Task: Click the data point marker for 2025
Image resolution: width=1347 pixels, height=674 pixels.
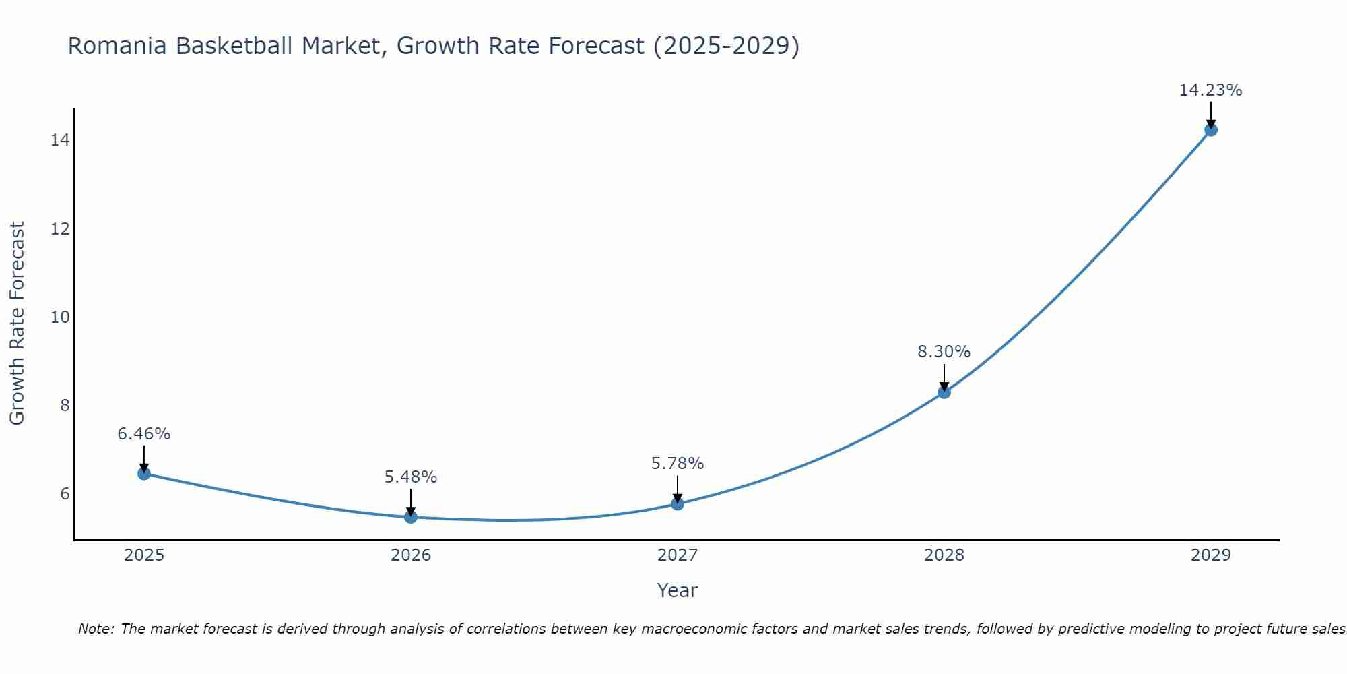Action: coord(144,474)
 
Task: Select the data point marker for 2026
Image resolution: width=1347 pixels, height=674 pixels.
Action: coord(411,517)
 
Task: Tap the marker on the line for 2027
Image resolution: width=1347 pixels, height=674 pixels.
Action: coord(678,503)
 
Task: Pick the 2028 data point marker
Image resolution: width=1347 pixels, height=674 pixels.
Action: coord(944,392)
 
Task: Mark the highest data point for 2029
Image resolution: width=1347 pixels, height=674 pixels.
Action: coord(1211,130)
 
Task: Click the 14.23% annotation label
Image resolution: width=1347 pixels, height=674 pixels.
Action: coord(1210,90)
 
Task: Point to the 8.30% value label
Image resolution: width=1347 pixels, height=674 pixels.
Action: coord(944,352)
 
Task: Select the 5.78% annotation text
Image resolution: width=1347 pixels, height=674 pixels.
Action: coord(677,464)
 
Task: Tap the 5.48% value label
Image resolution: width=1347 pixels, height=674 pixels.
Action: coord(411,477)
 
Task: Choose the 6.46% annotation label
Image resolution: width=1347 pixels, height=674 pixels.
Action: coord(144,434)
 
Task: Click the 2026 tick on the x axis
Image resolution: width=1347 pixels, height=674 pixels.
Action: coord(411,555)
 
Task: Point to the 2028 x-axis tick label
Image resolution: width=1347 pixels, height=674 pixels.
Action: coord(944,555)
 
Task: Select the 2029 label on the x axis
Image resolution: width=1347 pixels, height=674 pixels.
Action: coord(1211,555)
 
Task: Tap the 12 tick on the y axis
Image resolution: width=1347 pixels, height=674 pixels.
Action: coord(60,229)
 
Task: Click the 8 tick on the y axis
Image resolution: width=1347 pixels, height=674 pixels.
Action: coord(65,406)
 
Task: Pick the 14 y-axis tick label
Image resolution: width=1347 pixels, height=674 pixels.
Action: coord(60,140)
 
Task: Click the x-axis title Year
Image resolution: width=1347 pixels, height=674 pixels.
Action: coord(677,590)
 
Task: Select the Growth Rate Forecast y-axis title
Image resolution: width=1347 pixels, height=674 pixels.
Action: coord(18,324)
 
